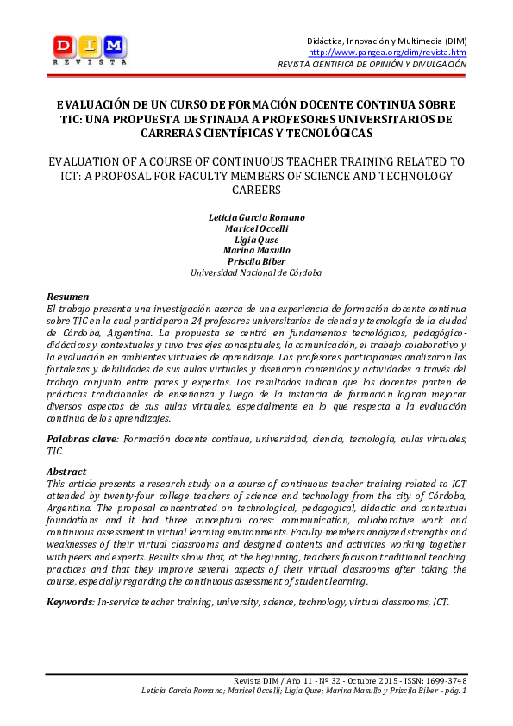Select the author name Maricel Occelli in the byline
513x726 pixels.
[x=256, y=230]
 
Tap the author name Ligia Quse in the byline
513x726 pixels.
[x=256, y=241]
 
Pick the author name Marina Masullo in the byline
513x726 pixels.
[x=256, y=251]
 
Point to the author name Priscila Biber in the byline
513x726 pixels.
[x=256, y=261]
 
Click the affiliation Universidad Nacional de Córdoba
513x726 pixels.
[x=256, y=272]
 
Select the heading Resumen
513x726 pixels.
[x=67, y=296]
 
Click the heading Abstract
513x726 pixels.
[x=66, y=472]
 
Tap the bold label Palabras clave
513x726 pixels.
[x=82, y=439]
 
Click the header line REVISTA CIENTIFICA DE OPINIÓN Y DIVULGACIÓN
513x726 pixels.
[x=372, y=65]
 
